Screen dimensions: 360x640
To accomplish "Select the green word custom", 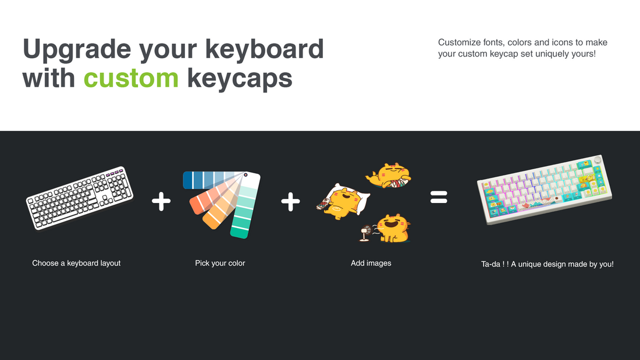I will tap(131, 77).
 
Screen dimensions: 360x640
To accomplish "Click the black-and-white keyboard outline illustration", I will tap(80, 198).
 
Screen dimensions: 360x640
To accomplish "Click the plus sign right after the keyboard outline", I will tap(161, 202).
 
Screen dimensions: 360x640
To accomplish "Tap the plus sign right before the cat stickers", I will tap(290, 202).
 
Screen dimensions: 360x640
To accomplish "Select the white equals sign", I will tap(439, 198).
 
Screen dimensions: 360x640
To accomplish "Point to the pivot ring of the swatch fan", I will tap(246, 175).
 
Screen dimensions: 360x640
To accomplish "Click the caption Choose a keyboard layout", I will tap(76, 263).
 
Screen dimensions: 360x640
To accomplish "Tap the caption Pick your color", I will tap(220, 263).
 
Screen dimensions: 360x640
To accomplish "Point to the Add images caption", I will tap(371, 263).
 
